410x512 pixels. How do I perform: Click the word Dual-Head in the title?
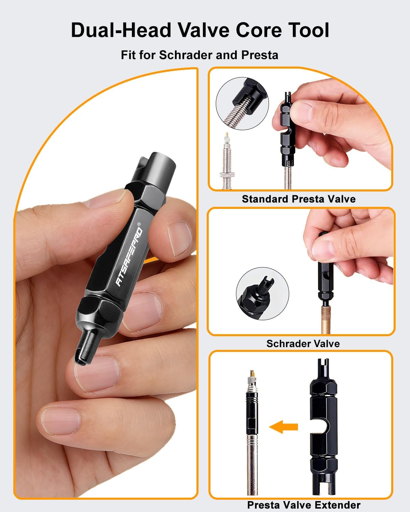[121, 30]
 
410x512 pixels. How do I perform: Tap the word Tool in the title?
[306, 30]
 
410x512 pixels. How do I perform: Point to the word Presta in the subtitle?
[260, 55]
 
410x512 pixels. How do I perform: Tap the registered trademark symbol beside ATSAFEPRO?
[139, 224]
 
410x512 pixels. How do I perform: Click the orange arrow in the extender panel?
[284, 427]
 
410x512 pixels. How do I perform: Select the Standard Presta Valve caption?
[299, 199]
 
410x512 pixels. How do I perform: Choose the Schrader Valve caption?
[303, 344]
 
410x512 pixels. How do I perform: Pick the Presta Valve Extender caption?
[304, 505]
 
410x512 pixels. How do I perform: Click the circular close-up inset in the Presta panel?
[242, 103]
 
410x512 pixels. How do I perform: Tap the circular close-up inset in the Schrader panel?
[262, 293]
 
